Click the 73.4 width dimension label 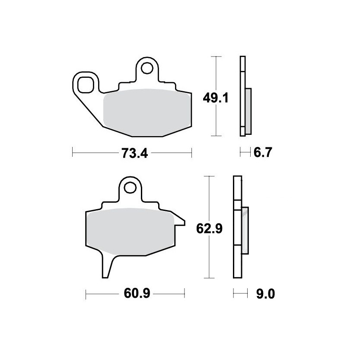[135, 153]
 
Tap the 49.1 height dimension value [216, 98]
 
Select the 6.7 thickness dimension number [263, 152]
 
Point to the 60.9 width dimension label [137, 293]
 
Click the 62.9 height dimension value [209, 229]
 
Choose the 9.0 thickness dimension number [265, 294]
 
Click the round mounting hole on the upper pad [147, 68]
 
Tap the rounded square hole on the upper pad [86, 85]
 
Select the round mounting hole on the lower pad [130, 188]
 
